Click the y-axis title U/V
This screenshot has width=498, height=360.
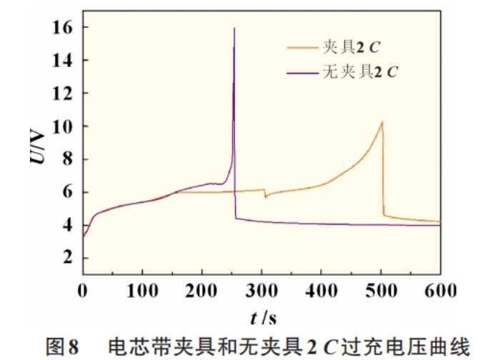coord(36,142)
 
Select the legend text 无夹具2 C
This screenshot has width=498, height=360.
coord(365,71)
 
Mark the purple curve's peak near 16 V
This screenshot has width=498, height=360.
coord(234,29)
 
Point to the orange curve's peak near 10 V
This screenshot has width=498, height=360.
coord(382,121)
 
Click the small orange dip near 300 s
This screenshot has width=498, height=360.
coord(265,196)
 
